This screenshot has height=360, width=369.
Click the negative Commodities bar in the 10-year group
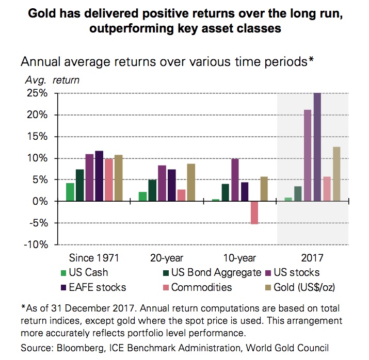[254, 212]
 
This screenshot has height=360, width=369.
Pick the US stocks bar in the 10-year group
[235, 180]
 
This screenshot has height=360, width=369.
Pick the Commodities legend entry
[201, 287]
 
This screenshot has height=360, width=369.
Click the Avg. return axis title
[52, 80]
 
